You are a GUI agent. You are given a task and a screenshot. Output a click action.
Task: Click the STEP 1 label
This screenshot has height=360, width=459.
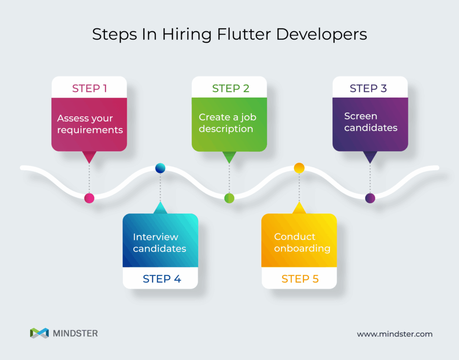click(x=89, y=88)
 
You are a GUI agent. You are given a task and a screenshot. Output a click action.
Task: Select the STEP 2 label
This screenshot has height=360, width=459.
click(x=230, y=88)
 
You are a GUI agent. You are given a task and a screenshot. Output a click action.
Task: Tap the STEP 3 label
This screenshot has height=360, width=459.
click(x=368, y=88)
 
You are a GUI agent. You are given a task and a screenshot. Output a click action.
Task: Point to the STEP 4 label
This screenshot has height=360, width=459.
click(x=162, y=279)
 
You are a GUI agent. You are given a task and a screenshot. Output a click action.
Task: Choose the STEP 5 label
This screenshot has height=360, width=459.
click(x=300, y=279)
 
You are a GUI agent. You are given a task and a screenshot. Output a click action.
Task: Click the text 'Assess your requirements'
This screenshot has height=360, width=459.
click(x=90, y=124)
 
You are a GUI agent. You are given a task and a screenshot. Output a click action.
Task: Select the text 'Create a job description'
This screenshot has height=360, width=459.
click(x=227, y=123)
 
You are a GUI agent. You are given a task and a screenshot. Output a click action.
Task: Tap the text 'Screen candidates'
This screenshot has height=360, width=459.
click(x=371, y=122)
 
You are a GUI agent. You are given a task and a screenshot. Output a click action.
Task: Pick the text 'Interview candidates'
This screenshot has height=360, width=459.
click(x=159, y=243)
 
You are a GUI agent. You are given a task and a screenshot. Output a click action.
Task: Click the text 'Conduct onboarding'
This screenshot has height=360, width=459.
click(x=302, y=242)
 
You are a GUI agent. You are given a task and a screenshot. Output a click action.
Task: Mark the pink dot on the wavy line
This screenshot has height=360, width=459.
click(x=89, y=198)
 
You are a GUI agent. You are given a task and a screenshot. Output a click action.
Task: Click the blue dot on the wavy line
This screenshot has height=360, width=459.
click(x=160, y=168)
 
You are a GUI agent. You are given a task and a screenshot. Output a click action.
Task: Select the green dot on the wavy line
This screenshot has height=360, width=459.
click(x=229, y=198)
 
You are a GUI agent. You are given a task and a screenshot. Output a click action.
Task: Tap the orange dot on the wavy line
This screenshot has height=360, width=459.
click(x=299, y=168)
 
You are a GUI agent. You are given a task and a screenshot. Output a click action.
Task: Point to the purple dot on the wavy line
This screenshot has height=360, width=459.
click(x=370, y=198)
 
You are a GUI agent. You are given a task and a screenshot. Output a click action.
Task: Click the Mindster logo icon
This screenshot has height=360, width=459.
click(x=39, y=333)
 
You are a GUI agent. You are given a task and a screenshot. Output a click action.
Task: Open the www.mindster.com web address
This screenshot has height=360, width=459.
click(x=394, y=334)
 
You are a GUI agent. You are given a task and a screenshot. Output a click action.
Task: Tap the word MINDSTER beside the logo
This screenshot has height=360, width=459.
click(x=75, y=333)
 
